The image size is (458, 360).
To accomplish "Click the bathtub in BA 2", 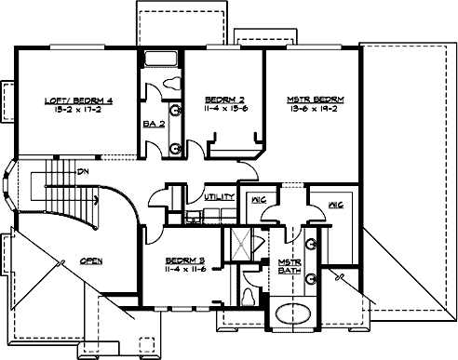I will (x=161, y=60).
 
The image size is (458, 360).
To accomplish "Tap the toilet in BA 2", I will (x=172, y=85).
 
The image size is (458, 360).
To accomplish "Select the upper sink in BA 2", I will (x=175, y=119).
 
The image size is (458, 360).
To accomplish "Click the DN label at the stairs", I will (x=83, y=172).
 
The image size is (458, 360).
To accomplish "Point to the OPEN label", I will (x=90, y=260).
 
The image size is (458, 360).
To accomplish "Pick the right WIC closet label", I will (x=335, y=205).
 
